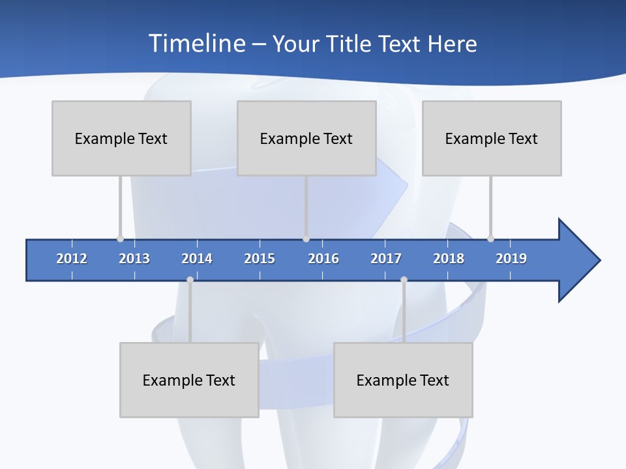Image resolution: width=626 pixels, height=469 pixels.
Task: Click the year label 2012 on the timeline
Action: pyautogui.click(x=72, y=259)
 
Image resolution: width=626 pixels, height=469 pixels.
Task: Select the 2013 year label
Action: pyautogui.click(x=134, y=259)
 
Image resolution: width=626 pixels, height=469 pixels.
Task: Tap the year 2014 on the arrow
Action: pyautogui.click(x=197, y=259)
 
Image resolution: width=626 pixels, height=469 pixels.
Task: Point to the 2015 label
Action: pyautogui.click(x=260, y=259)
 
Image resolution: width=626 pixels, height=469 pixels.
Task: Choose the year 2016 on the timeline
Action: pyautogui.click(x=323, y=259)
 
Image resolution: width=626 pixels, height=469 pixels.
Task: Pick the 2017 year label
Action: pyautogui.click(x=386, y=259)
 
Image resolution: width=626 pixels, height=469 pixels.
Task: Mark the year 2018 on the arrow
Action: pyautogui.click(x=449, y=259)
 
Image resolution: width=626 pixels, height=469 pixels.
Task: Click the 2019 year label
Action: pyautogui.click(x=511, y=259)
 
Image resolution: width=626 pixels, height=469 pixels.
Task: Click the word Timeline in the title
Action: pyautogui.click(x=196, y=44)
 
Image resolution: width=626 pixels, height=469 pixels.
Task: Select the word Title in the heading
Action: pyautogui.click(x=351, y=44)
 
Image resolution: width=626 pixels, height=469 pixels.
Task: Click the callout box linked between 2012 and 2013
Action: pyautogui.click(x=121, y=138)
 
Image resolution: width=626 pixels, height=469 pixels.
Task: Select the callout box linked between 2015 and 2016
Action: pyautogui.click(x=306, y=138)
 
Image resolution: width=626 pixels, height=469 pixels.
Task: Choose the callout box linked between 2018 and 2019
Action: pyautogui.click(x=492, y=138)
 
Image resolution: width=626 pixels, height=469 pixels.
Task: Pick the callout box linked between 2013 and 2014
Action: pyautogui.click(x=189, y=380)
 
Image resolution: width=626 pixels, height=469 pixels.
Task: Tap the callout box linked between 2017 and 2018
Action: pyautogui.click(x=403, y=380)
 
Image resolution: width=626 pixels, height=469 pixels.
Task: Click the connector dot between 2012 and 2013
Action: pyautogui.click(x=120, y=238)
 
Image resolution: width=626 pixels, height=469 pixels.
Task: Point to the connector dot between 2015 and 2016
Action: pyautogui.click(x=306, y=238)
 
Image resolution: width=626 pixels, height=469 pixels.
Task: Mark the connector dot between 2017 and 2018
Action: pyautogui.click(x=404, y=279)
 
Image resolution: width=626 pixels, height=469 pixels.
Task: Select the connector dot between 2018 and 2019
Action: pyautogui.click(x=490, y=238)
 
